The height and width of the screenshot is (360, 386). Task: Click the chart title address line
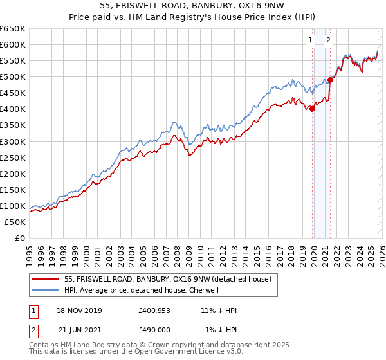(x=192, y=6)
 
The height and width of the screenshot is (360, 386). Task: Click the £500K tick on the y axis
(x=13, y=77)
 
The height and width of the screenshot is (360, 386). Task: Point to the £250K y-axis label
(x=13, y=157)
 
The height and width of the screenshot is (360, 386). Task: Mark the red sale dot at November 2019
(x=313, y=109)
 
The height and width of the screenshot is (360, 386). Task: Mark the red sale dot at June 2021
(x=331, y=80)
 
